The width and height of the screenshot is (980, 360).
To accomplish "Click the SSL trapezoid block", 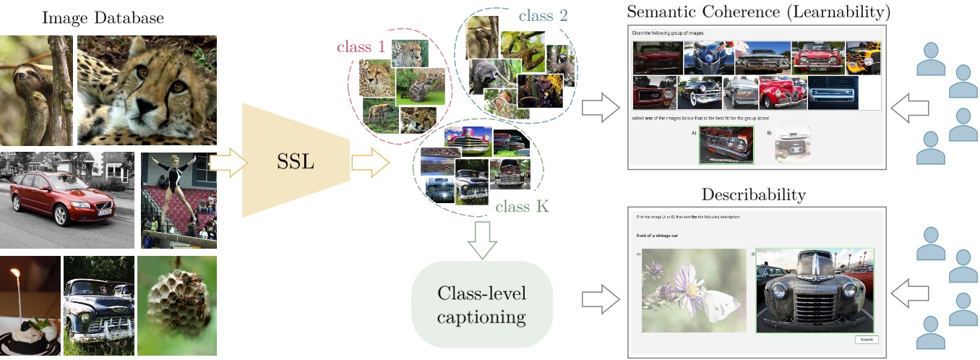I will [x=296, y=160].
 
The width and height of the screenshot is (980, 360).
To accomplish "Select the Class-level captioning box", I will [x=481, y=304].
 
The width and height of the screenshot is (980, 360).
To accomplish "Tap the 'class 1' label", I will [x=361, y=47].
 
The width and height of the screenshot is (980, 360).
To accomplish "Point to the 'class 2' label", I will [x=543, y=14].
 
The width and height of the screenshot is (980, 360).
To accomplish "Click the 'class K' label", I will [x=522, y=207].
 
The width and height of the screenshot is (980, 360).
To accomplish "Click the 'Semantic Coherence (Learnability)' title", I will [x=759, y=12].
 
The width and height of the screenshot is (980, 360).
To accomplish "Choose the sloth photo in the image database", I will [x=36, y=90].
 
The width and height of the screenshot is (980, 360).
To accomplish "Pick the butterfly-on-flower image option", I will [x=694, y=290].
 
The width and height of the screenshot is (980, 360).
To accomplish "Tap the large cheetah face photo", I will [x=147, y=90].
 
